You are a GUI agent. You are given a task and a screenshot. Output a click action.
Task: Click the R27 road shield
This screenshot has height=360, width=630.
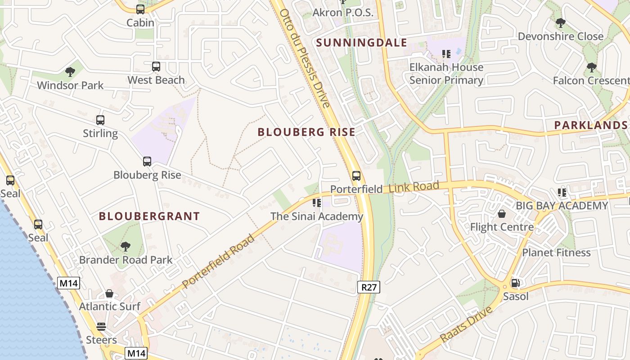click(369, 287)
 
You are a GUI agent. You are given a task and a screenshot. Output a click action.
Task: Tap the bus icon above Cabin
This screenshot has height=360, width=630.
click(140, 9)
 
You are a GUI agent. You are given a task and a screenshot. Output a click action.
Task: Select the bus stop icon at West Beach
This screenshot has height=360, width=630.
click(156, 67)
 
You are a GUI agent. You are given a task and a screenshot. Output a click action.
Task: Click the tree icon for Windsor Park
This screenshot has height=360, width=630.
click(70, 72)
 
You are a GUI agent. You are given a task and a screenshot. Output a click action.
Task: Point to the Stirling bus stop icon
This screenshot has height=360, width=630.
click(100, 120)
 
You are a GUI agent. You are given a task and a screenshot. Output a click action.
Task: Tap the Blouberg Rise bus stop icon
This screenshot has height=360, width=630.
click(147, 162)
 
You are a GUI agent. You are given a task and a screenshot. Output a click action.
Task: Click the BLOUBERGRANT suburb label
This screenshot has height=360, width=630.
click(149, 216)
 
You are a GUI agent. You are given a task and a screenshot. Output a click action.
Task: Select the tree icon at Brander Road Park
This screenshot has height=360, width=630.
click(126, 246)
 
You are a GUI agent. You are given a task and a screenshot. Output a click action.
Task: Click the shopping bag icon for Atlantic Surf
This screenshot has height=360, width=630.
click(109, 293)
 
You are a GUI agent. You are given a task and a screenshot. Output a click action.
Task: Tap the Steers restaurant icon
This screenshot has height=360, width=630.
click(101, 327)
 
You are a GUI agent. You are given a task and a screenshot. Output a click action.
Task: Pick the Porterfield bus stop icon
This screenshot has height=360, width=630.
click(356, 176)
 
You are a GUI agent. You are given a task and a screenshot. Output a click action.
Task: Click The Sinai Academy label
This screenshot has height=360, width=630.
click(316, 216)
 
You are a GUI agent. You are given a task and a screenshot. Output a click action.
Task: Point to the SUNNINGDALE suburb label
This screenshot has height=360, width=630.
click(361, 43)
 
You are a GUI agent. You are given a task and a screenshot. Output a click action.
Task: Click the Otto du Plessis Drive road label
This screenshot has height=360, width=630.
click(305, 58)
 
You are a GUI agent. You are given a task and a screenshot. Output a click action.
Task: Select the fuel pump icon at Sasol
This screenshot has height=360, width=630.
click(515, 283)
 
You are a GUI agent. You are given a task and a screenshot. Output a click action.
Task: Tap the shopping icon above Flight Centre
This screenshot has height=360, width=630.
click(502, 214)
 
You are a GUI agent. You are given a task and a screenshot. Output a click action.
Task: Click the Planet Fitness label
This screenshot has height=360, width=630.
click(556, 252)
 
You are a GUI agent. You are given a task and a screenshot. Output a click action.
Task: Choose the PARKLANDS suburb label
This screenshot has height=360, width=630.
click(590, 125)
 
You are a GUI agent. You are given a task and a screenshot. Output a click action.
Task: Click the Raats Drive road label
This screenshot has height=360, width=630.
click(466, 324)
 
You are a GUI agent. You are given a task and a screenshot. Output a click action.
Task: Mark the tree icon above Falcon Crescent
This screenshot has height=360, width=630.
click(592, 67)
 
